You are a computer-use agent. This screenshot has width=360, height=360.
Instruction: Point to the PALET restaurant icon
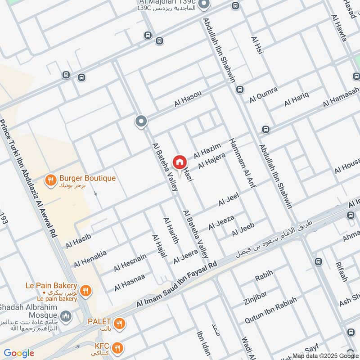click(x=119, y=323)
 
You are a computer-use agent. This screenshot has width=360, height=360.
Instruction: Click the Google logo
click(x=19, y=353)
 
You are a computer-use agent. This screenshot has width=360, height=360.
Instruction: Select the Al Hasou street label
click(x=187, y=99)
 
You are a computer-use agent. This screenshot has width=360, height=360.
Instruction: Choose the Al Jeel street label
click(x=228, y=199)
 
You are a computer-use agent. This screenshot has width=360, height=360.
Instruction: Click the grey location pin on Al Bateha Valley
click(x=141, y=121)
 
